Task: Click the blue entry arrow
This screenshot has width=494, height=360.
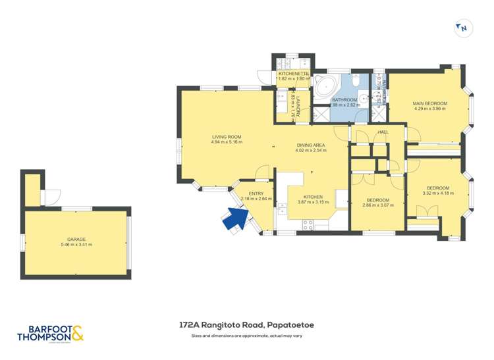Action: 233,219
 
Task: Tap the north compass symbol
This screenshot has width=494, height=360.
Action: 463,28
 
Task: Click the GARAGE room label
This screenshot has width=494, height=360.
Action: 76,239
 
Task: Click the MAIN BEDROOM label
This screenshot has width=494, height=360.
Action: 430,103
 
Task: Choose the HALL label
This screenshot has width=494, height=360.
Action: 383,132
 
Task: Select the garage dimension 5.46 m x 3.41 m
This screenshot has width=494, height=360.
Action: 76,245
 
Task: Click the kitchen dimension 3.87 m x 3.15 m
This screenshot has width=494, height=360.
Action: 312,202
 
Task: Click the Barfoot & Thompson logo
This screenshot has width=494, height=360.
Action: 52,334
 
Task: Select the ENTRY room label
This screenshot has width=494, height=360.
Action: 256,193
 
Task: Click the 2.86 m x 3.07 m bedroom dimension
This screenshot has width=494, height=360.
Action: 377,205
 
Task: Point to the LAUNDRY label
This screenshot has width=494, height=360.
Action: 298,105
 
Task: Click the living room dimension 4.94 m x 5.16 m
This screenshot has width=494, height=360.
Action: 227,142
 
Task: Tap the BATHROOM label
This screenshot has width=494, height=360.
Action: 344,99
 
